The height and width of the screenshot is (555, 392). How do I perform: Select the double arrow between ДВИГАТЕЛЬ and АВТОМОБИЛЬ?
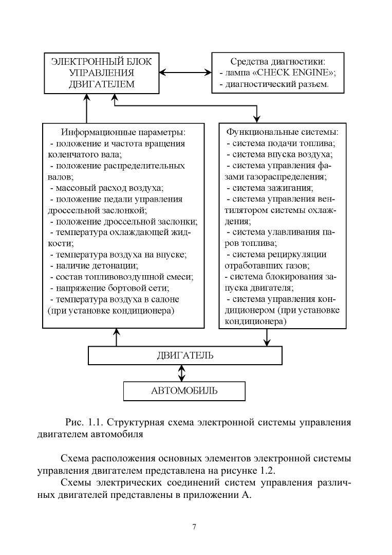[x=182, y=373]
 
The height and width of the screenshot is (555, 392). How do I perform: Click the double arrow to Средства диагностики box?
[x=185, y=73]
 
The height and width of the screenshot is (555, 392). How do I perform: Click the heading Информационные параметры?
[x=123, y=132]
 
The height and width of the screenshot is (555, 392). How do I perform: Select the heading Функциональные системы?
[x=283, y=132]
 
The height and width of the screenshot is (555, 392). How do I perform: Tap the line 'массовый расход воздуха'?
[x=107, y=188]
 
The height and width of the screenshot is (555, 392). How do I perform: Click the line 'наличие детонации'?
[x=94, y=265]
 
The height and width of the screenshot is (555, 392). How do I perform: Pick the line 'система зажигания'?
[x=270, y=188]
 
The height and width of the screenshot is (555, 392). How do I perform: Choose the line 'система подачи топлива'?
[x=281, y=144]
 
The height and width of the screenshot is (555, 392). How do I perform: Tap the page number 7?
[x=194, y=527]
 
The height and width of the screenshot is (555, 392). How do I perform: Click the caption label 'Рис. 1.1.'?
[x=84, y=422]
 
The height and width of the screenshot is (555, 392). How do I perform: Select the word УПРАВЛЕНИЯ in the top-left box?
[x=102, y=73]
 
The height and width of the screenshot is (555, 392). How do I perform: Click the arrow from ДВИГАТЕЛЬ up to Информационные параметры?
[x=116, y=337]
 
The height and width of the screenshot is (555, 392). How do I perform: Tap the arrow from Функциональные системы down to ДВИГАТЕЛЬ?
[x=267, y=337]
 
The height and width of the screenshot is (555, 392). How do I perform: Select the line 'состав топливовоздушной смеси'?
[x=122, y=277]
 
